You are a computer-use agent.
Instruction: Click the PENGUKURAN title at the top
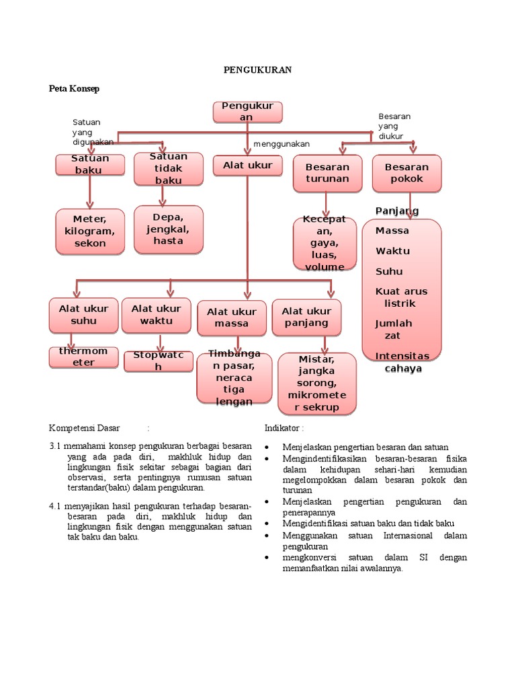point(258,69)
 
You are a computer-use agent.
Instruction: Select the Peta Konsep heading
point(74,88)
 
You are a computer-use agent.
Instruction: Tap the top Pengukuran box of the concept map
point(247,112)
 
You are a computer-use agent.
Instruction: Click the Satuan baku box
point(89,165)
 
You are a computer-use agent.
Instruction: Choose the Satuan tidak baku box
point(168,168)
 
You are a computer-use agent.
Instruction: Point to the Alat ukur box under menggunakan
point(247,166)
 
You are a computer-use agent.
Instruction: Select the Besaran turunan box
point(327,173)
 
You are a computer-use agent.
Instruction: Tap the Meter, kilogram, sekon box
point(90,231)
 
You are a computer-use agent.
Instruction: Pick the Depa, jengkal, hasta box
point(168,229)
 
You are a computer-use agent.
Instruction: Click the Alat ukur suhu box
point(83,315)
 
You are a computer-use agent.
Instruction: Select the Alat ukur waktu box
point(156,315)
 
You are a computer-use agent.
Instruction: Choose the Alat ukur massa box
point(232,318)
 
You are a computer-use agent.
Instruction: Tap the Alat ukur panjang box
point(306,317)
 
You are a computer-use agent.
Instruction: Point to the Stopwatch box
point(158,361)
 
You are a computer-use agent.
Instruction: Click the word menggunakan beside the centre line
point(282,144)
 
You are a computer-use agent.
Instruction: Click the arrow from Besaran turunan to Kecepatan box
point(326,204)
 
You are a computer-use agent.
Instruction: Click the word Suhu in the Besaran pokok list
point(389,271)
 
